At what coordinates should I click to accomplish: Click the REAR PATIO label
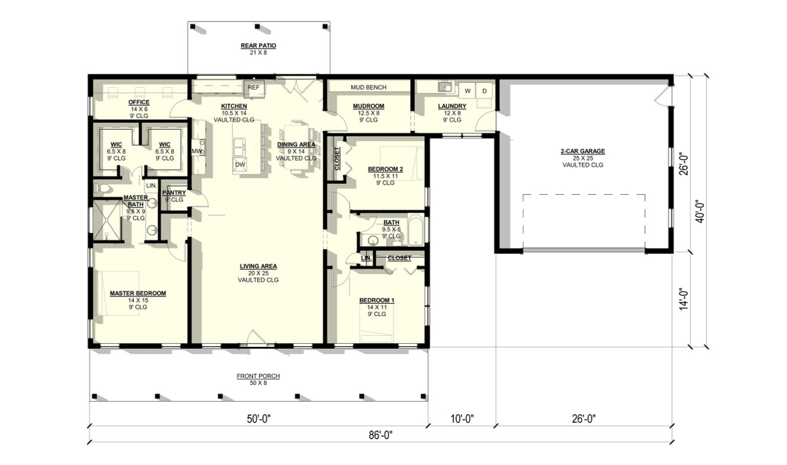coord(258,46)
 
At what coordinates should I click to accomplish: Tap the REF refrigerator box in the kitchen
coord(253,88)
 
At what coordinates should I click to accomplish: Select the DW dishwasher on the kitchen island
coord(240,164)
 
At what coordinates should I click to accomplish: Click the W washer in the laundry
coord(467,91)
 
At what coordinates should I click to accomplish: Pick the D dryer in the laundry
coord(484,91)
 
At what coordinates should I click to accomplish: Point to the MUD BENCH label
coord(368,87)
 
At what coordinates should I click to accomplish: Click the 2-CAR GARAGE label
coord(582,151)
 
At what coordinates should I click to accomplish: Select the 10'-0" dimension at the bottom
coord(461,419)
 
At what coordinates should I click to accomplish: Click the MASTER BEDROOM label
coord(138,293)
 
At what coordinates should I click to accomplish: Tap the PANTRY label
coord(174,193)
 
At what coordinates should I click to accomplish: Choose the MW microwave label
coord(196,151)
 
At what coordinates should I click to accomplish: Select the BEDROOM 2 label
coord(385,169)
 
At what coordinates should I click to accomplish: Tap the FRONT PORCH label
coord(258,376)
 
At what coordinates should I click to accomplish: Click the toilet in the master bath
coord(104,188)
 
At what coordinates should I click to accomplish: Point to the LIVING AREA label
coord(258,266)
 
